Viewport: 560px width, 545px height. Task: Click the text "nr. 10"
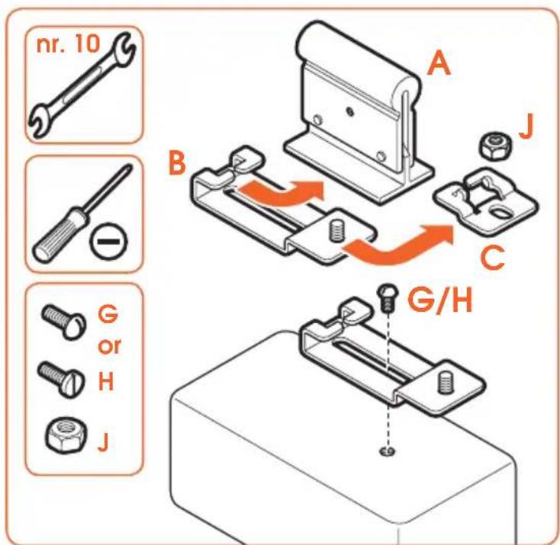68,44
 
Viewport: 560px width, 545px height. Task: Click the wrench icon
82,85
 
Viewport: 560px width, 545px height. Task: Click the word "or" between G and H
109,346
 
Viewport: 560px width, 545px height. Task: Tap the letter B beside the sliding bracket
177,163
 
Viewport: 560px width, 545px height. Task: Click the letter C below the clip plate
493,257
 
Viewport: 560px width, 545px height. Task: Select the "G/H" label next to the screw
440,300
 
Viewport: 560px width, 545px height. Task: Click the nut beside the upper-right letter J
494,145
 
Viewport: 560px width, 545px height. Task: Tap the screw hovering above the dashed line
386,297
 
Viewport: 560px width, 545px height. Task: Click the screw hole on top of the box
387,451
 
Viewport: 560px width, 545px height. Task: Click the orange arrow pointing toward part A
282,194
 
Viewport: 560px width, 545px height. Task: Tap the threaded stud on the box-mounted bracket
444,382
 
